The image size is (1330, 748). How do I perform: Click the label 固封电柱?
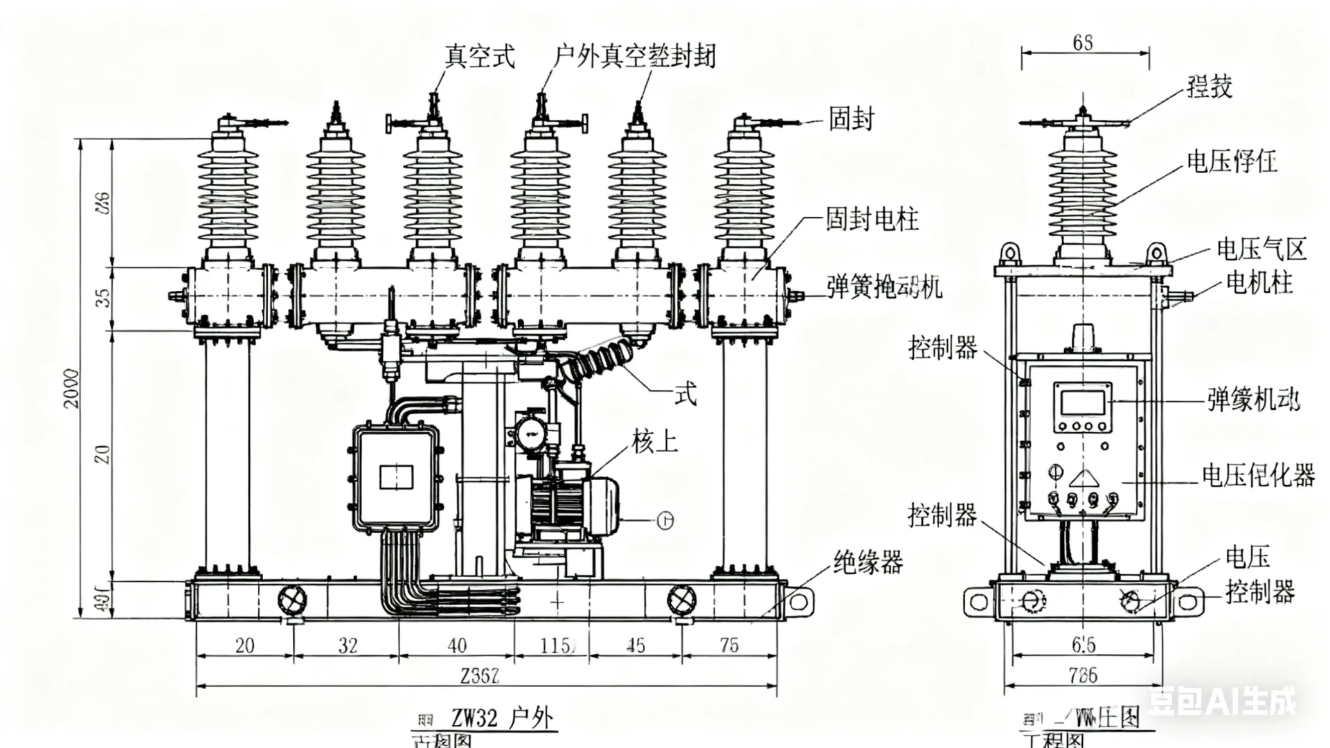(x=872, y=220)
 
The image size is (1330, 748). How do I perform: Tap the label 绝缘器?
(x=868, y=562)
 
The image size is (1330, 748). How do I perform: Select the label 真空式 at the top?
(x=480, y=56)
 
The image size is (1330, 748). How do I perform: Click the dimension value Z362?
(x=480, y=675)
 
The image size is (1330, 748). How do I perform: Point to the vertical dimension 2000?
(x=72, y=388)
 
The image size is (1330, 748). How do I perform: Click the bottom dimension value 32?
(x=348, y=645)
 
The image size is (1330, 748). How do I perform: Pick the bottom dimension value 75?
(x=729, y=645)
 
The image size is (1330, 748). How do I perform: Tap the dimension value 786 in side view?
(x=1083, y=675)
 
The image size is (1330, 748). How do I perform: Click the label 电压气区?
(x=1261, y=249)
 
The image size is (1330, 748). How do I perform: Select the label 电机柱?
(x=1259, y=283)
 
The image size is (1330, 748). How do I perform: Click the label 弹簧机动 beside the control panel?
(x=1254, y=400)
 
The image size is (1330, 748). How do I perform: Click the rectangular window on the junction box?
(x=397, y=477)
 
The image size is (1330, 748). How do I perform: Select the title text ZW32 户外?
(x=502, y=718)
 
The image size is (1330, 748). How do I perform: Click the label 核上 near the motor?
(x=654, y=441)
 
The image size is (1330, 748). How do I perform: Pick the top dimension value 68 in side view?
(x=1083, y=43)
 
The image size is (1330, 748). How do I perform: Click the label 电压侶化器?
(x=1258, y=475)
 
